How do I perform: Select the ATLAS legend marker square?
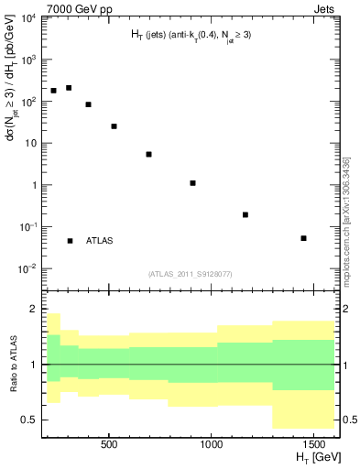[70, 241]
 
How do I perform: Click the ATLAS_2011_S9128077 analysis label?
[190, 273]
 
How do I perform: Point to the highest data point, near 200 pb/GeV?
[69, 88]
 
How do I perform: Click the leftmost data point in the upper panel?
[54, 91]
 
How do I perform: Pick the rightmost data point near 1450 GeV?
[303, 238]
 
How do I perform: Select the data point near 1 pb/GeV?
[193, 183]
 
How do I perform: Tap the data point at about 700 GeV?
[148, 154]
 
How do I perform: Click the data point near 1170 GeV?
[245, 214]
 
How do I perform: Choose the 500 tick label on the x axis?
[109, 444]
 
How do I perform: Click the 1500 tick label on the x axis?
[313, 444]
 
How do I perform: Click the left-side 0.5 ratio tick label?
[27, 420]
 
